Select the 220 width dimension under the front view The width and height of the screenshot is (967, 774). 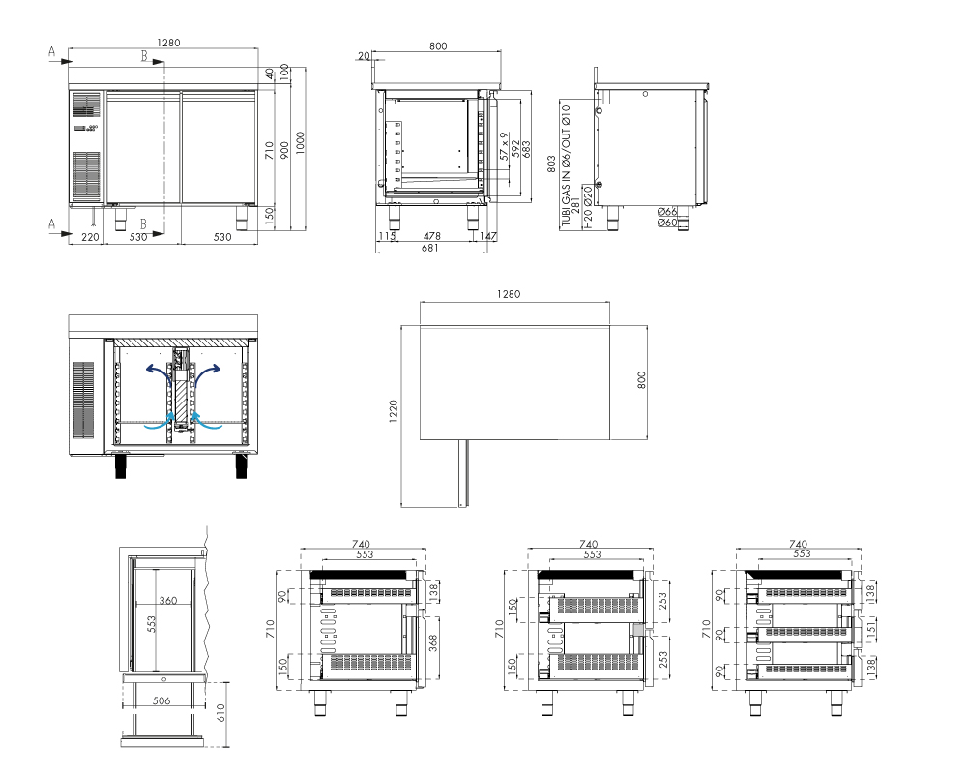pos(90,237)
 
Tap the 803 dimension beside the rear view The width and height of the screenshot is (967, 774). pos(551,164)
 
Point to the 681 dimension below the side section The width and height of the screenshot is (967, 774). pos(430,248)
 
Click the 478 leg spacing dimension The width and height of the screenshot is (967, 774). pos(432,236)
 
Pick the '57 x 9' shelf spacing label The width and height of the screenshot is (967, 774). pos(504,146)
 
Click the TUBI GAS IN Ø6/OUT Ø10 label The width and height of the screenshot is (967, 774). pos(566,166)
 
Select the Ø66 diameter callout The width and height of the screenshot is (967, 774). pos(667,212)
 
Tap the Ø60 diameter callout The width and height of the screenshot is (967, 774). pos(667,223)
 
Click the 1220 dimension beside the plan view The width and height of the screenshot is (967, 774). pos(394,412)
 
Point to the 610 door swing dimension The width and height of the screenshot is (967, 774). pos(220,712)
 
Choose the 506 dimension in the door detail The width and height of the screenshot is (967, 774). pos(161,700)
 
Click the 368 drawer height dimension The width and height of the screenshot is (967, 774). pos(433,643)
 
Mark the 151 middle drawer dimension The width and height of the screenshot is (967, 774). pos(871,629)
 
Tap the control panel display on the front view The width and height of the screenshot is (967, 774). pos(86,128)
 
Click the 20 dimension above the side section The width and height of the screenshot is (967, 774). pos(364,56)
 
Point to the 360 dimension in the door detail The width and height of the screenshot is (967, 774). pos(167,600)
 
